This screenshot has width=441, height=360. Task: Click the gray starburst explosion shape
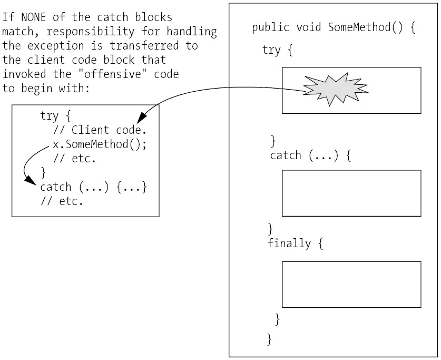pyautogui.click(x=335, y=90)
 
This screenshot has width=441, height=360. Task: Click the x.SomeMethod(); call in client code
pyautogui.click(x=99, y=144)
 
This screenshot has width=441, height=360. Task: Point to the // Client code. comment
pyautogui.click(x=100, y=130)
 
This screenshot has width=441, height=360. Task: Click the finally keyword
pyautogui.click(x=289, y=244)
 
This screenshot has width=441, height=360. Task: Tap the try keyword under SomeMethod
pyautogui.click(x=271, y=50)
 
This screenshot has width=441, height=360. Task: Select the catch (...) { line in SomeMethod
pyautogui.click(x=310, y=155)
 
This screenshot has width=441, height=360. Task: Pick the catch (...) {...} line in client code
pyautogui.click(x=93, y=187)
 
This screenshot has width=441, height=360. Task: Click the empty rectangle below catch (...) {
pyautogui.click(x=351, y=193)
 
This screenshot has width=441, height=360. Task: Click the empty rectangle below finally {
pyautogui.click(x=351, y=284)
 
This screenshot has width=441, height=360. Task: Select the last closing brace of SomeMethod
pyautogui.click(x=270, y=338)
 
